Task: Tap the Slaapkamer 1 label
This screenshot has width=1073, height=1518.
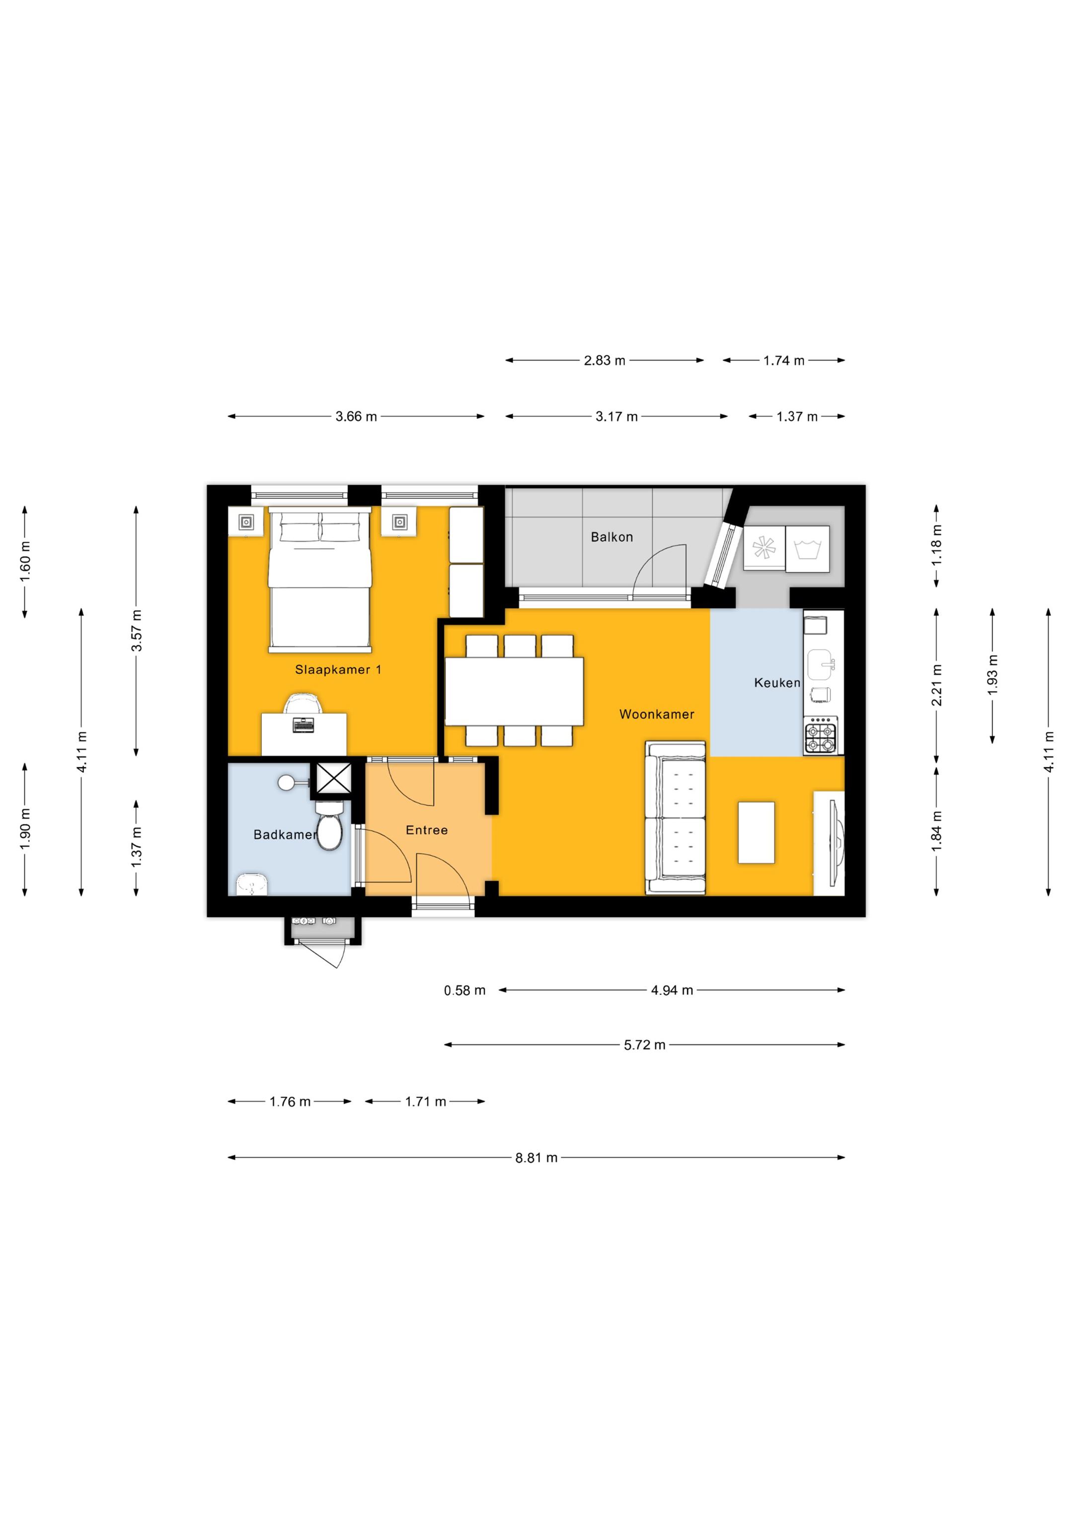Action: click(338, 670)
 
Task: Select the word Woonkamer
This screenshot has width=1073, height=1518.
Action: click(657, 714)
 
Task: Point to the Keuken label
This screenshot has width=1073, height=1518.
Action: click(777, 682)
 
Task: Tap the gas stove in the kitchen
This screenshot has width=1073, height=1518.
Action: click(821, 736)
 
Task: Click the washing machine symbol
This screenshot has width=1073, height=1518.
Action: click(807, 549)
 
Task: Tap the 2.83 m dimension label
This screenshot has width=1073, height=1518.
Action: click(604, 360)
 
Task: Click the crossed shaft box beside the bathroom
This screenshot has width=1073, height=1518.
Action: click(334, 778)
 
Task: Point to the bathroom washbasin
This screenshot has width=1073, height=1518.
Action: click(252, 884)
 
